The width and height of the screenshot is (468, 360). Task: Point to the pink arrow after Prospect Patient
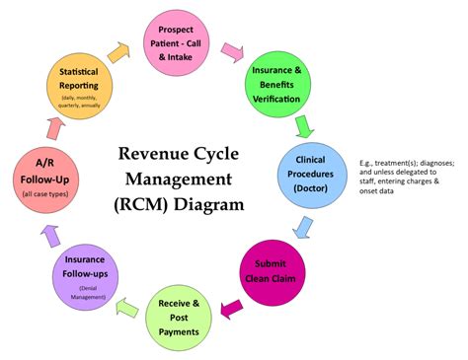pyautogui.click(x=233, y=51)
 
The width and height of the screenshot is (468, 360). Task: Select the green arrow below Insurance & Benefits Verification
pyautogui.click(x=305, y=125)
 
